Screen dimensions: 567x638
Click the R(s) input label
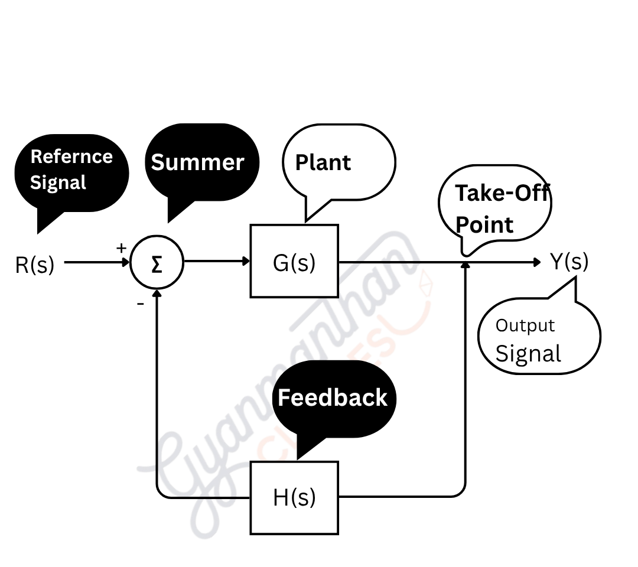tap(34, 265)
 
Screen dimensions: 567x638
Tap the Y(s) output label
tap(569, 261)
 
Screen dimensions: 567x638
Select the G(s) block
tap(294, 261)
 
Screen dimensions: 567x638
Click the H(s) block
tap(294, 498)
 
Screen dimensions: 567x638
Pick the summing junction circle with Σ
tap(157, 263)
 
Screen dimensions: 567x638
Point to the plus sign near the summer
tap(121, 248)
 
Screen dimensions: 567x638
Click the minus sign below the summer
tap(140, 304)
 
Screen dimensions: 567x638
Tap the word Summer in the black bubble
tap(197, 162)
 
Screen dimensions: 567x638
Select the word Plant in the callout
tap(323, 162)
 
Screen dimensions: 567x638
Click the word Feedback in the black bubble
tap(333, 397)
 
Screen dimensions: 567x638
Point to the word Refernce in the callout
tap(71, 157)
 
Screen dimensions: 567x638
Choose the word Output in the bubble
tap(525, 325)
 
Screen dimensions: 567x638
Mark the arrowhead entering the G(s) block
tap(246, 262)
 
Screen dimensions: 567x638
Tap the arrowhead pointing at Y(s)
tap(536, 262)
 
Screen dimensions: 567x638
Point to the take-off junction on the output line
tap(466, 262)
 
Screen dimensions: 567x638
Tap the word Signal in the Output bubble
tap(528, 353)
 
